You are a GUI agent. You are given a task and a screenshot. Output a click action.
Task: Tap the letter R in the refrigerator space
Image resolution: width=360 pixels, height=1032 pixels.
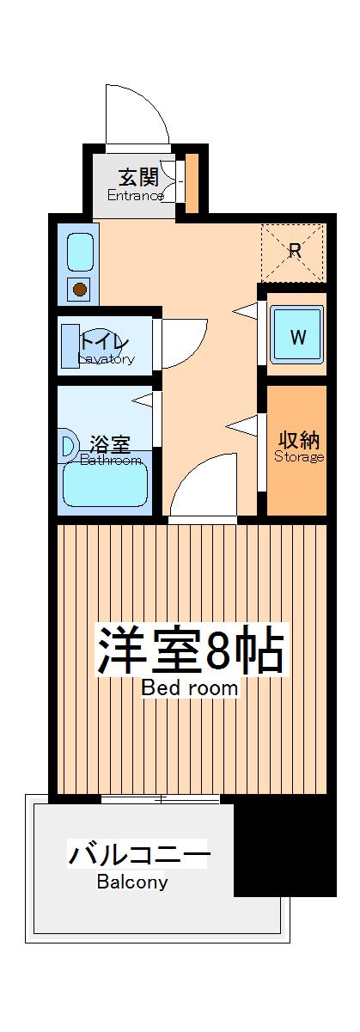294,251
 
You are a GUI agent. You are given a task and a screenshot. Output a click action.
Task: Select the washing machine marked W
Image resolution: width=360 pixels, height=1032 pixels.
296,337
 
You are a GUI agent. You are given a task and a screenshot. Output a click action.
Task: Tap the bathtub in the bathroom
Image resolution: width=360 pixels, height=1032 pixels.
106,488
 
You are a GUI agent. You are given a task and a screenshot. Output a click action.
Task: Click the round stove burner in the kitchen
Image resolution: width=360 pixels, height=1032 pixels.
80,289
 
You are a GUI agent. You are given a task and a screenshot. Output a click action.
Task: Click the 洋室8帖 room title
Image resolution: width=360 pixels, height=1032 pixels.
190,650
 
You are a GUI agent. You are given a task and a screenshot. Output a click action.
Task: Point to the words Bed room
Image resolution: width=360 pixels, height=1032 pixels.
190,687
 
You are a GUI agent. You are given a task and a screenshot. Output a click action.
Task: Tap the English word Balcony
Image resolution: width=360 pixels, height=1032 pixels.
132,882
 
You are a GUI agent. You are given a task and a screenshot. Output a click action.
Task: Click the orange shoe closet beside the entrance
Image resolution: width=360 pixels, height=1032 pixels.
192,181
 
